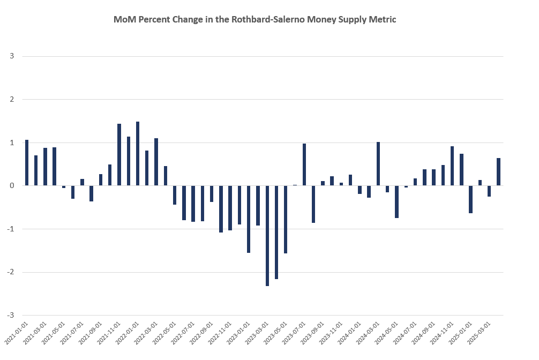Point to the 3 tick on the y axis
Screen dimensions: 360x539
click(12, 56)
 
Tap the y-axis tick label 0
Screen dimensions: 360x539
click(12, 186)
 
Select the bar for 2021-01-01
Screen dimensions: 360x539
click(27, 163)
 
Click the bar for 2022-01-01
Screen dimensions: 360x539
click(138, 154)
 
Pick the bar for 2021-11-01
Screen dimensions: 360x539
click(119, 155)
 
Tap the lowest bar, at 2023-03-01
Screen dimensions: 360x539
click(267, 236)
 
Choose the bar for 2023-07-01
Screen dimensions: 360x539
click(304, 164)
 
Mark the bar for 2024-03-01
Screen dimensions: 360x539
click(378, 164)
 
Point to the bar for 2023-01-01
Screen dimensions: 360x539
click(249, 219)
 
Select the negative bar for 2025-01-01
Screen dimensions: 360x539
click(470, 199)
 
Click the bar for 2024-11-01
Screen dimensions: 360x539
click(452, 166)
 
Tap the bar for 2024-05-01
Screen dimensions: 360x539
click(396, 201)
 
